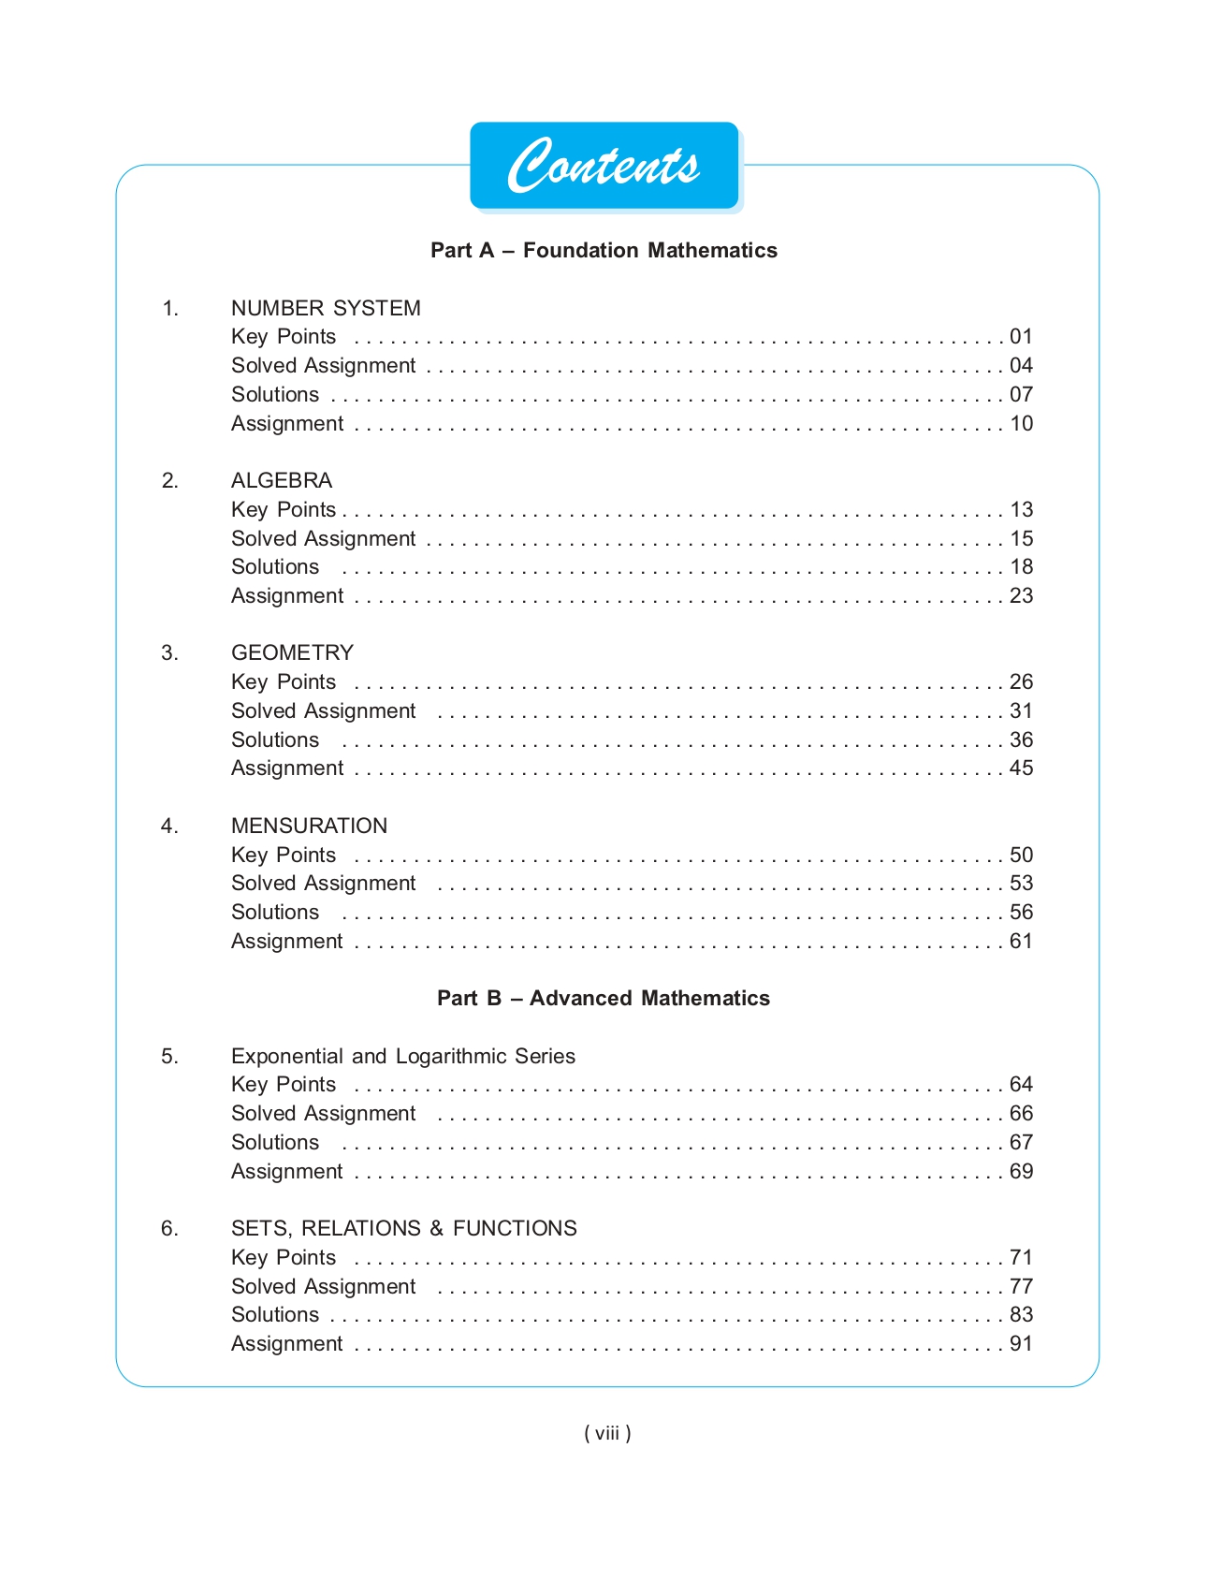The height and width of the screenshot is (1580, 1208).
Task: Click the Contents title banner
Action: pyautogui.click(x=604, y=166)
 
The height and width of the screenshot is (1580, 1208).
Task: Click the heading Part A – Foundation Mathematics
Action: pyautogui.click(x=604, y=251)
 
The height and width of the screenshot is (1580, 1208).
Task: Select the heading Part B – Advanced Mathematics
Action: pyautogui.click(x=604, y=999)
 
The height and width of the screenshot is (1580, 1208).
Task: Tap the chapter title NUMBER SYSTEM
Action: pyautogui.click(x=326, y=308)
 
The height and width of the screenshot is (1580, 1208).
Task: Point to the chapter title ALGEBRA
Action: pyautogui.click(x=282, y=480)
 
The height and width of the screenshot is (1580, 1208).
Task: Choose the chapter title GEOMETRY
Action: pyautogui.click(x=292, y=652)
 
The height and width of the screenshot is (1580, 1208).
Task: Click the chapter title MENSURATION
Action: pyautogui.click(x=309, y=826)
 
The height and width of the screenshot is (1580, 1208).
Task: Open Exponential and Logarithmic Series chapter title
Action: pyautogui.click(x=403, y=1056)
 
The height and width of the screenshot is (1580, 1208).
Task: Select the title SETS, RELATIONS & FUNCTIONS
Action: pyautogui.click(x=403, y=1228)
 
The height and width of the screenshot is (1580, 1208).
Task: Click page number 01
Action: pyautogui.click(x=1021, y=337)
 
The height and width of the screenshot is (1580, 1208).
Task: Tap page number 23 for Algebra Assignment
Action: pyautogui.click(x=1021, y=596)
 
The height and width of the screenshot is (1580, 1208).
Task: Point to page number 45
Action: pyautogui.click(x=1021, y=768)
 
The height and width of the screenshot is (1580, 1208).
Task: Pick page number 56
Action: pyautogui.click(x=1021, y=913)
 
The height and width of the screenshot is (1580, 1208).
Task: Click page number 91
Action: pyautogui.click(x=1021, y=1344)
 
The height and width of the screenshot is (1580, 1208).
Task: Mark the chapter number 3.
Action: pyautogui.click(x=169, y=652)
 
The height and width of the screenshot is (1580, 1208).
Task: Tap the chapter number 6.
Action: pyautogui.click(x=169, y=1228)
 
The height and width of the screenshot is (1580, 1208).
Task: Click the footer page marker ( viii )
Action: pyautogui.click(x=607, y=1433)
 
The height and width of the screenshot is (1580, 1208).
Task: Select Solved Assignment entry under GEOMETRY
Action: pyautogui.click(x=323, y=711)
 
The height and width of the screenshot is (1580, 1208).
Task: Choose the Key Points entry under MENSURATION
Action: pyautogui.click(x=284, y=855)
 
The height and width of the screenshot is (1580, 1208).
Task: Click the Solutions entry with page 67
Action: pyautogui.click(x=275, y=1143)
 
